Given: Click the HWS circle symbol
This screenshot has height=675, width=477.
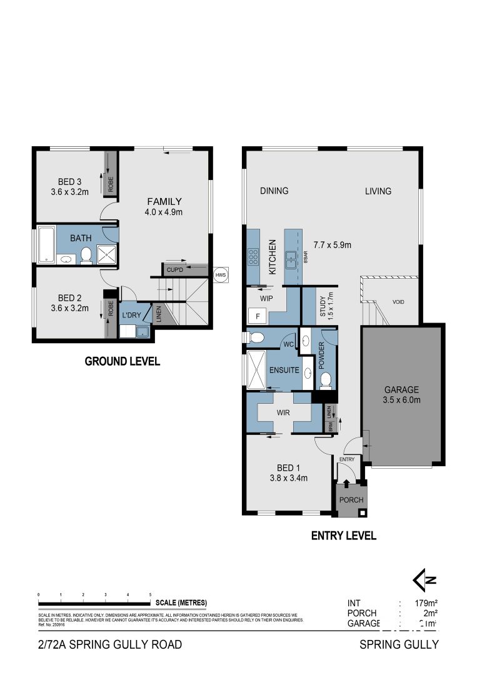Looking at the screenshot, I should (x=220, y=275).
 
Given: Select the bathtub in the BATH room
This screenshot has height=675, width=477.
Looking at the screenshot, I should (x=46, y=246).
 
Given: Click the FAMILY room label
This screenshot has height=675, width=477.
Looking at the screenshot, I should (x=164, y=201).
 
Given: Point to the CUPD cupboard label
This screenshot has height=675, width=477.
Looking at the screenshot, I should (x=174, y=270).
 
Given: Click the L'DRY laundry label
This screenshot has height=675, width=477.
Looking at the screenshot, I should (x=131, y=315).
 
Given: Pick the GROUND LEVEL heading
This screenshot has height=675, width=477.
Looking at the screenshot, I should (x=122, y=361).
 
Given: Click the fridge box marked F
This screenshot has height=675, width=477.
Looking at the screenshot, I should (x=257, y=316).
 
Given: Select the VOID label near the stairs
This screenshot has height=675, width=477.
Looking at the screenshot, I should (x=398, y=302).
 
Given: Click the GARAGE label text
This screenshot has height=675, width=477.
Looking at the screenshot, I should (x=401, y=389).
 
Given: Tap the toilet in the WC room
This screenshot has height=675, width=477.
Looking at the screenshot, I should (x=256, y=338).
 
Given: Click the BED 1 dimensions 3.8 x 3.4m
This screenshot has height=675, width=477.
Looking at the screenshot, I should (x=289, y=479).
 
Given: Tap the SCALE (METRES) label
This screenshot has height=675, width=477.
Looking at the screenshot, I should (x=181, y=602).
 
